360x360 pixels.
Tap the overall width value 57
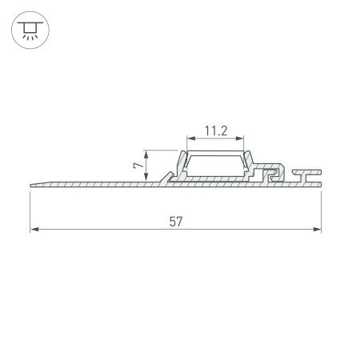175,222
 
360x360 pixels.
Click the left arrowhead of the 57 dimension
34,230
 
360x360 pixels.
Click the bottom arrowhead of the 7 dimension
146,177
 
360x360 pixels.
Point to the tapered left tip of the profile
34,185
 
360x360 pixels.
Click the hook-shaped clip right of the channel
273,174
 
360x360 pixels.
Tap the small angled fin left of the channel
167,175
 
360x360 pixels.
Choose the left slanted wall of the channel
182,164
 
